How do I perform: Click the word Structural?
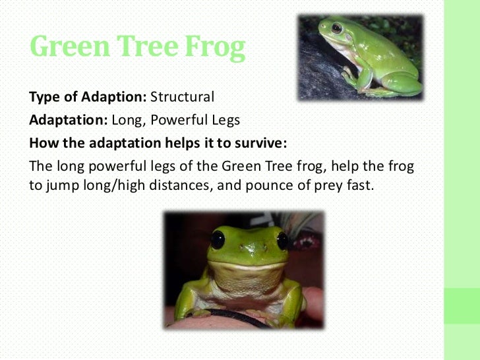click(x=183, y=98)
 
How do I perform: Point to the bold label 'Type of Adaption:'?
click(x=88, y=98)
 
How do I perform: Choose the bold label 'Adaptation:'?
click(x=69, y=121)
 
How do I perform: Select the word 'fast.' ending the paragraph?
click(x=359, y=186)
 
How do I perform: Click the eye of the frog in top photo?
click(x=337, y=28)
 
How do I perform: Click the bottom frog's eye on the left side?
click(x=218, y=239)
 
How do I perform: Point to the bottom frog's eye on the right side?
click(x=283, y=239)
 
